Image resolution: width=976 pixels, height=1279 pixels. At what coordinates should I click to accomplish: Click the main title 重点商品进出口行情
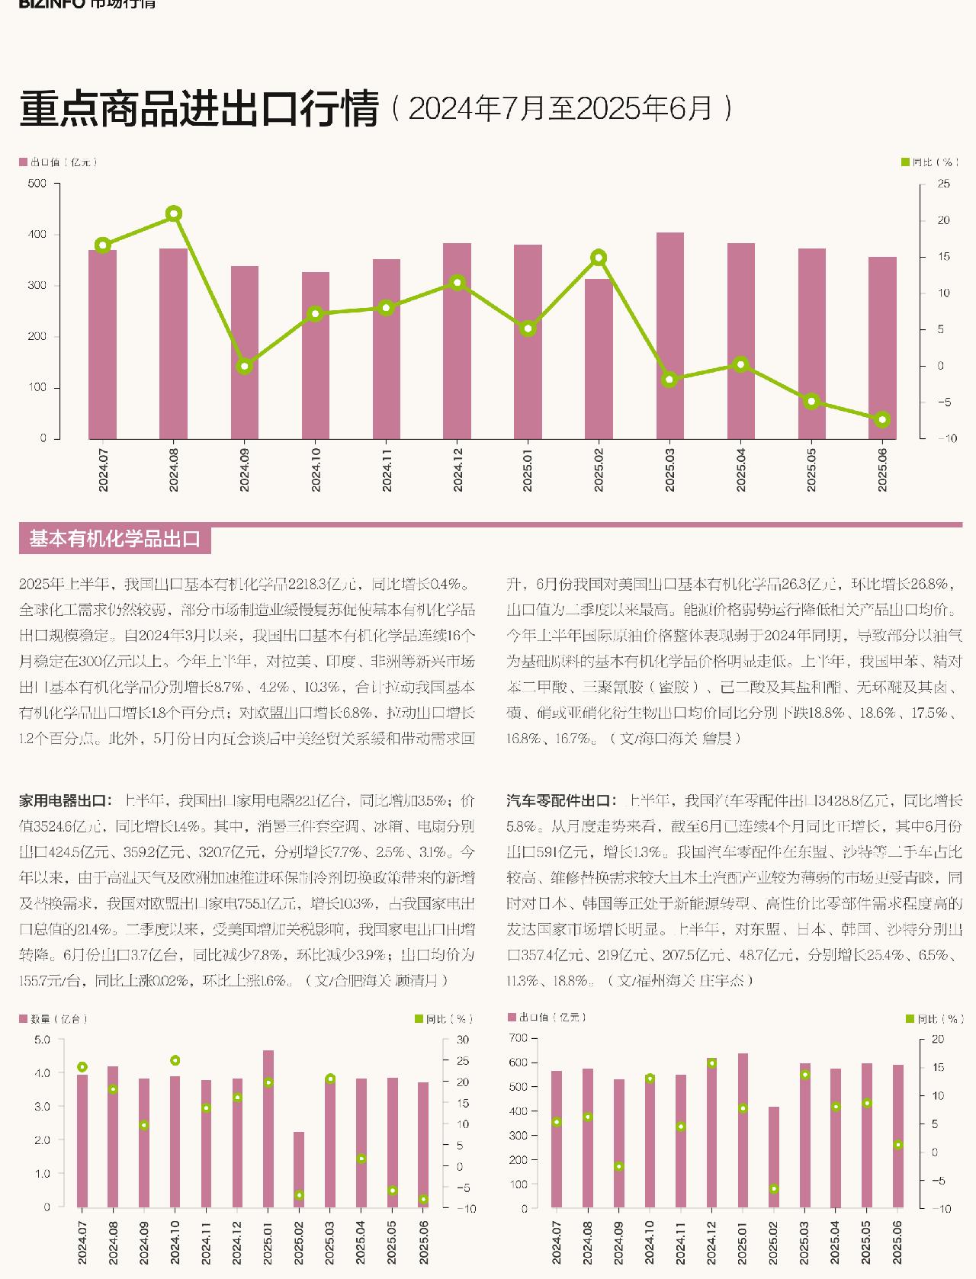pyautogui.click(x=199, y=108)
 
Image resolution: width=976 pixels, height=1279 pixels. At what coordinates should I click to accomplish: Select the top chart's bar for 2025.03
pyautogui.click(x=669, y=335)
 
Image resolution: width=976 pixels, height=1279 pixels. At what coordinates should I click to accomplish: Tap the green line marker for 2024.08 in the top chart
pyautogui.click(x=174, y=213)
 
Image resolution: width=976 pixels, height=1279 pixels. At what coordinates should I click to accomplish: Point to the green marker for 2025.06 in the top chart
pyautogui.click(x=882, y=420)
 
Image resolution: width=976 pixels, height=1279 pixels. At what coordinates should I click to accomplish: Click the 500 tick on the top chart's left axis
pyautogui.click(x=37, y=184)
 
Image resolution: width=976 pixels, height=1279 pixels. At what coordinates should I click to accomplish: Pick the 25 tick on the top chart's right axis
pyautogui.click(x=944, y=184)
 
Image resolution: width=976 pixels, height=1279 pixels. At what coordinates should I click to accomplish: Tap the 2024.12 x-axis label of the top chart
pyautogui.click(x=457, y=469)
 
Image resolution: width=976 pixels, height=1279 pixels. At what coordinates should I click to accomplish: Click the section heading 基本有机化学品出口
pyautogui.click(x=114, y=540)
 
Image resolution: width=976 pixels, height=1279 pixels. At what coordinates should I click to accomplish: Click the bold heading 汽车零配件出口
pyautogui.click(x=560, y=800)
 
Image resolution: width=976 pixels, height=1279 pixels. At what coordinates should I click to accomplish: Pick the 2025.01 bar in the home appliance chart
pyautogui.click(x=268, y=1128)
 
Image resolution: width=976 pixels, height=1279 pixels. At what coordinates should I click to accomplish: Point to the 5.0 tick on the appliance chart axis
pyautogui.click(x=42, y=1040)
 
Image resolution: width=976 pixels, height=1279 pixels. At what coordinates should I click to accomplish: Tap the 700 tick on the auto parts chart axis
pyautogui.click(x=518, y=1038)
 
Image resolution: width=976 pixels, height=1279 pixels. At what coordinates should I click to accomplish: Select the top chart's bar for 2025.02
pyautogui.click(x=599, y=358)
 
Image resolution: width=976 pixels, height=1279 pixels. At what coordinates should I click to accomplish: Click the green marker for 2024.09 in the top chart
pyautogui.click(x=245, y=367)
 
